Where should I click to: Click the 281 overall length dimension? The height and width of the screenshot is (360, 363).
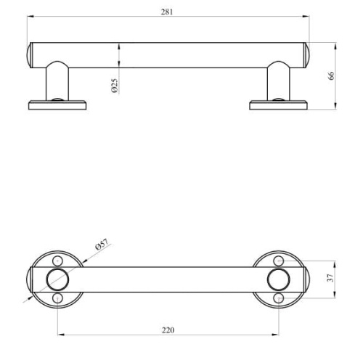tap(167, 12)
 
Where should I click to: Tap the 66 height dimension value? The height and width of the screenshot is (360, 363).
tap(331, 75)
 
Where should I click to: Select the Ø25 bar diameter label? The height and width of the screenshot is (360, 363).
tap(115, 86)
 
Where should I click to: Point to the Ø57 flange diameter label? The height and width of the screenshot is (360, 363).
tap(102, 244)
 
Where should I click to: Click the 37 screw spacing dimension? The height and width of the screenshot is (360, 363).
tap(330, 277)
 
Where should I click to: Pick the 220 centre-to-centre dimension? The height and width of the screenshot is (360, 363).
tap(168, 330)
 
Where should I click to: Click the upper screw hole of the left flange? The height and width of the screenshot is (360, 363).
tap(57, 261)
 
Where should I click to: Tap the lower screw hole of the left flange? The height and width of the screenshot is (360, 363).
tap(57, 298)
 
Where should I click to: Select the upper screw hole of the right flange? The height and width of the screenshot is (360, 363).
tap(279, 261)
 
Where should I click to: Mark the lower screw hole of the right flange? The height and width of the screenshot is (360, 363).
tap(279, 298)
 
